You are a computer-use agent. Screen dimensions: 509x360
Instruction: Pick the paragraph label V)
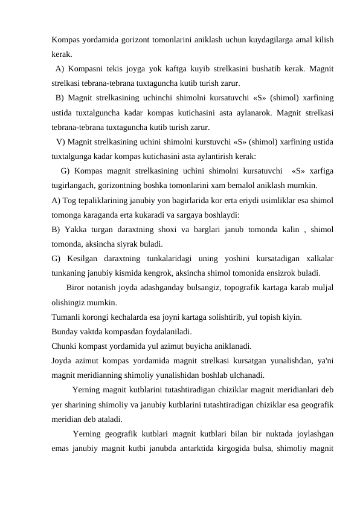[x=61, y=142]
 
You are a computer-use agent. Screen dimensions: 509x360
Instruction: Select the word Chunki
[x=65, y=346]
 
